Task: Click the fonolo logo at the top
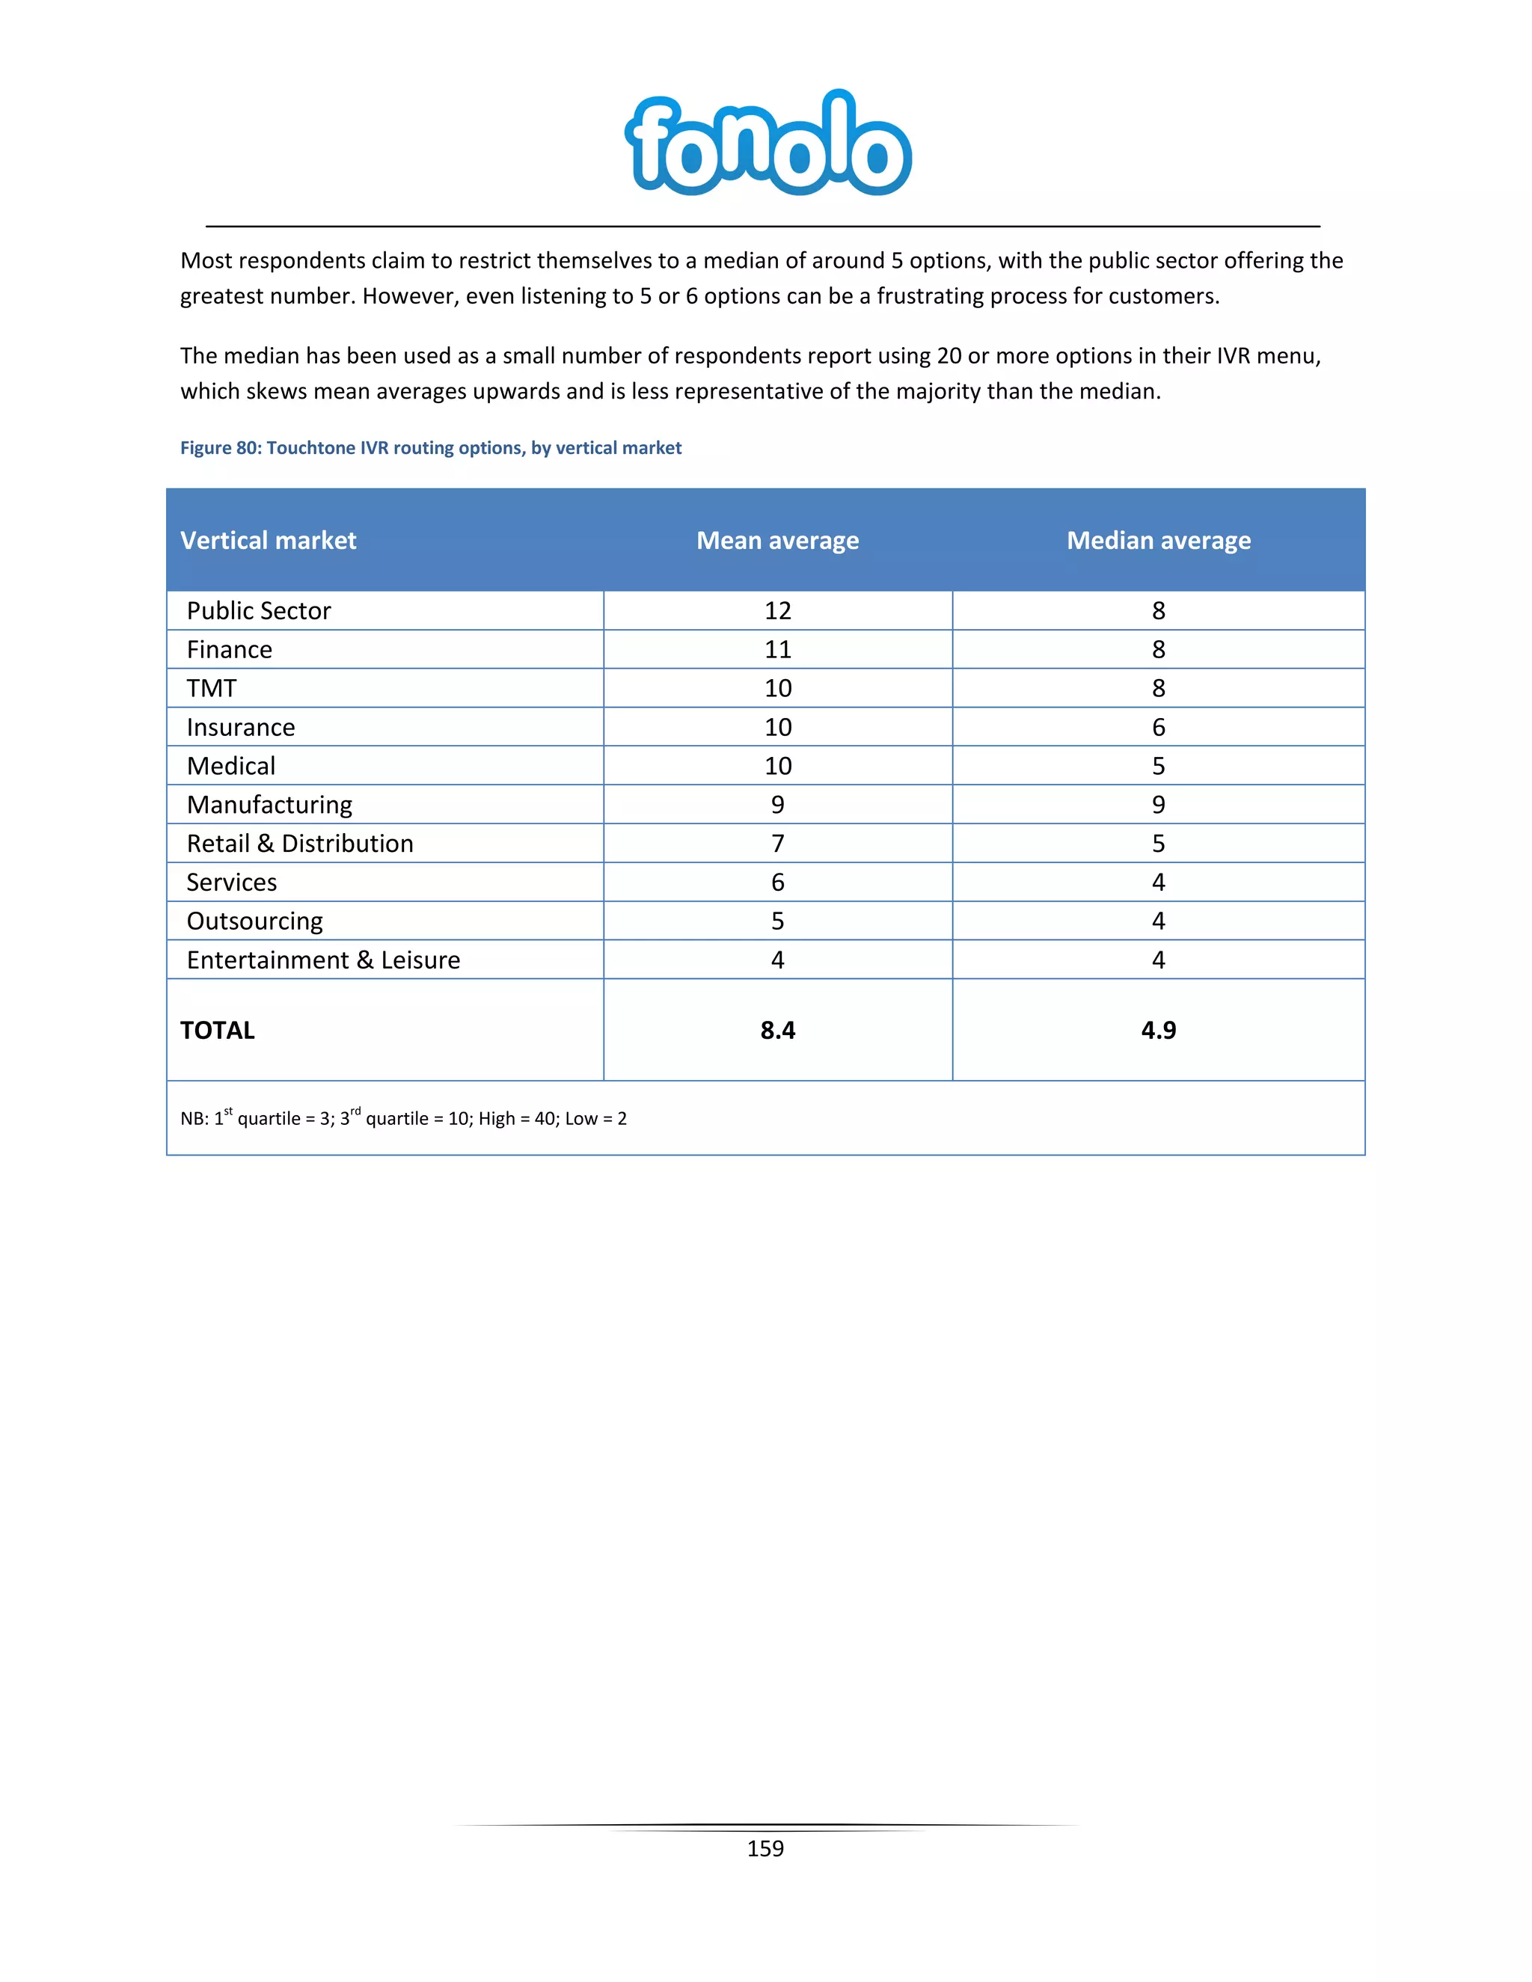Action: [767, 144]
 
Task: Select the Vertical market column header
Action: [268, 540]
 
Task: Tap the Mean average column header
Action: [777, 540]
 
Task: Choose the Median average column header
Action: [1158, 540]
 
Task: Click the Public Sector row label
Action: [259, 611]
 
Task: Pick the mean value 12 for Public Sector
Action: [777, 611]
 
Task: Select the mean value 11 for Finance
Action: [777, 650]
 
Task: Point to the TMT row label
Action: [212, 688]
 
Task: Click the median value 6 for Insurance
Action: [1158, 727]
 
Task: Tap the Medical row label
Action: [230, 766]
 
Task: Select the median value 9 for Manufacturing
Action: [1158, 805]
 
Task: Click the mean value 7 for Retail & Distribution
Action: [777, 844]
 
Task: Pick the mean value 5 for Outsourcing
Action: [777, 921]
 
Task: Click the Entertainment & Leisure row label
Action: [323, 960]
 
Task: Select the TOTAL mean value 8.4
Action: [777, 1030]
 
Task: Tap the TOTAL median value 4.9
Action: [1158, 1030]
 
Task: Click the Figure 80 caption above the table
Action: [430, 447]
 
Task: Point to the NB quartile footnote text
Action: [403, 1118]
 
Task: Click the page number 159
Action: [765, 1849]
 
